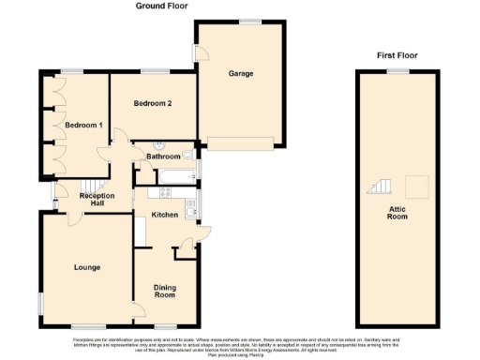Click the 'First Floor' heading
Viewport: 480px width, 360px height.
397,55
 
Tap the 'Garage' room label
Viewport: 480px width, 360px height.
241,73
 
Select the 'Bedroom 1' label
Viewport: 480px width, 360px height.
82,124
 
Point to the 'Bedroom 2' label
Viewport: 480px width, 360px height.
151,103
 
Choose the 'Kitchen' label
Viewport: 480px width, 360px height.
165,215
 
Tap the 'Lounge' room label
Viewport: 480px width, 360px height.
87,267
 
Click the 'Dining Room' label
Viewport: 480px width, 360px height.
165,291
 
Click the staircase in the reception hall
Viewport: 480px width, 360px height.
86,185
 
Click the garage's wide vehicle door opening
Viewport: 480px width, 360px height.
241,143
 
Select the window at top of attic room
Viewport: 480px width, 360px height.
400,71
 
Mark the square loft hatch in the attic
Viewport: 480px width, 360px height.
418,183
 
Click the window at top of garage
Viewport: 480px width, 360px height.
249,21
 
